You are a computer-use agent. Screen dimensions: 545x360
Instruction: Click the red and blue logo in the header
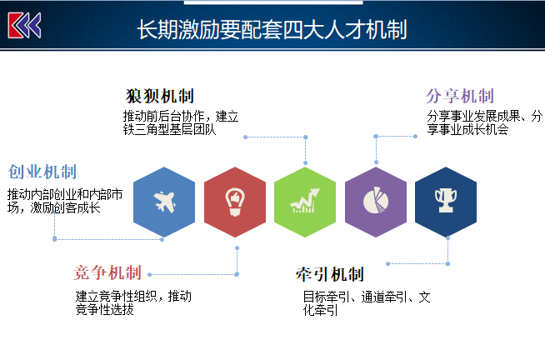24,25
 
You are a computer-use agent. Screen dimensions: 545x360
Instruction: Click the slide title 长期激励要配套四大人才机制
272,29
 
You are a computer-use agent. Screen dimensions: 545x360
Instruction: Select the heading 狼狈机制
159,97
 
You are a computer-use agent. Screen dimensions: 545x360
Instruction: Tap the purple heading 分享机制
460,97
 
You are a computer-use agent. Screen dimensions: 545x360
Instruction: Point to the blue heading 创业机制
42,172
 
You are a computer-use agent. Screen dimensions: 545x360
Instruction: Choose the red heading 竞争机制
107,272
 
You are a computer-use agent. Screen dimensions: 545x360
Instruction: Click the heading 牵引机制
330,274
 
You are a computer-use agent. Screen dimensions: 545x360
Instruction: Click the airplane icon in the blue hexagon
165,202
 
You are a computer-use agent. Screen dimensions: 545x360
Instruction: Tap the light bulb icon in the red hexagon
235,202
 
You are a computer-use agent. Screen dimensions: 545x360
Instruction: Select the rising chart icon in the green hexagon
305,201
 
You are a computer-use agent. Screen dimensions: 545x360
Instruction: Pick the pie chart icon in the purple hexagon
376,200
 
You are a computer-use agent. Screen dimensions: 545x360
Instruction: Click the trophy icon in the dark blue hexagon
446,200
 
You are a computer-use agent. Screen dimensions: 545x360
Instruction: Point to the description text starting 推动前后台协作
181,122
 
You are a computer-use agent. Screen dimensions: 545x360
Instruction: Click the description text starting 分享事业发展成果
484,122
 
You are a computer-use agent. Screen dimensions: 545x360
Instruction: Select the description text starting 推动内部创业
65,201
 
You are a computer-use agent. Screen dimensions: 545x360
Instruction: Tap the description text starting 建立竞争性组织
133,302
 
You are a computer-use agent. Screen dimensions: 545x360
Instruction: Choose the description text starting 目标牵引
367,303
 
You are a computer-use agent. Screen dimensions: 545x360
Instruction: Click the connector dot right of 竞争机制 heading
150,274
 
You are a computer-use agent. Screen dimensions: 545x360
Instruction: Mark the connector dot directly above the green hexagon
306,163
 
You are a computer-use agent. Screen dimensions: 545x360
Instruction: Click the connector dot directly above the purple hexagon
376,162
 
